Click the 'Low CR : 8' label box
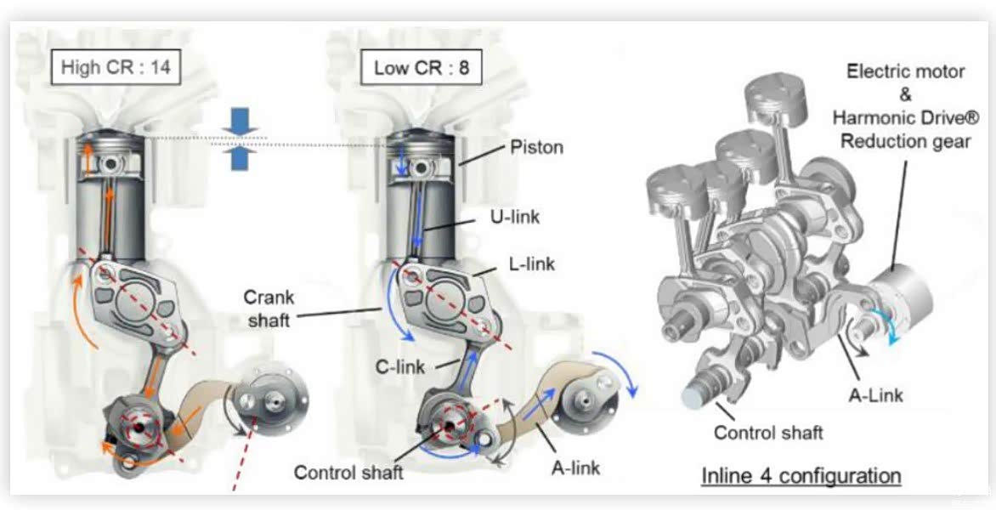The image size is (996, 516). pyautogui.click(x=421, y=67)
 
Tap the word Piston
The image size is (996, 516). pyautogui.click(x=536, y=147)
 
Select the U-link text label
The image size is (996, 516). pyautogui.click(x=515, y=217)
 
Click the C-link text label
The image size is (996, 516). pyautogui.click(x=400, y=366)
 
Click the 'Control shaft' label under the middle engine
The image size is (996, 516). pyautogui.click(x=348, y=471)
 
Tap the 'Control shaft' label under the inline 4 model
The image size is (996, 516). pyautogui.click(x=768, y=432)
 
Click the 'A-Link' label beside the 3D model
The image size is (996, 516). pyautogui.click(x=875, y=394)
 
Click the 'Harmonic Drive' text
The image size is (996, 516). pyautogui.click(x=903, y=117)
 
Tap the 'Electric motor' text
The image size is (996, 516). pyautogui.click(x=904, y=71)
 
